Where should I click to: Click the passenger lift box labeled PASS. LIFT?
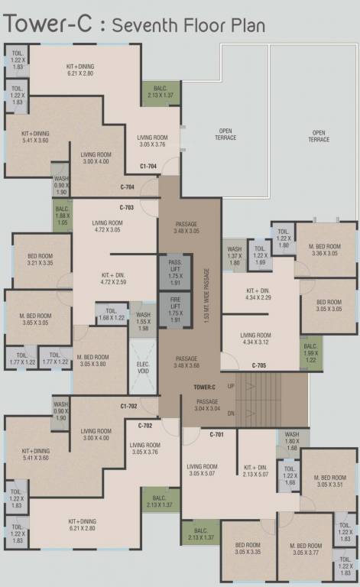coord(174,271)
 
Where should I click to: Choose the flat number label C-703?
coord(127,207)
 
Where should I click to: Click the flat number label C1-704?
coord(148,166)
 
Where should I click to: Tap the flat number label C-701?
coord(217,434)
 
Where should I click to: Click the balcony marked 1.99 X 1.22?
coord(310,355)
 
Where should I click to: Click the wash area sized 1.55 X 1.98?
coord(142,321)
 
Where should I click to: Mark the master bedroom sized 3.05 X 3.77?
coord(304,550)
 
